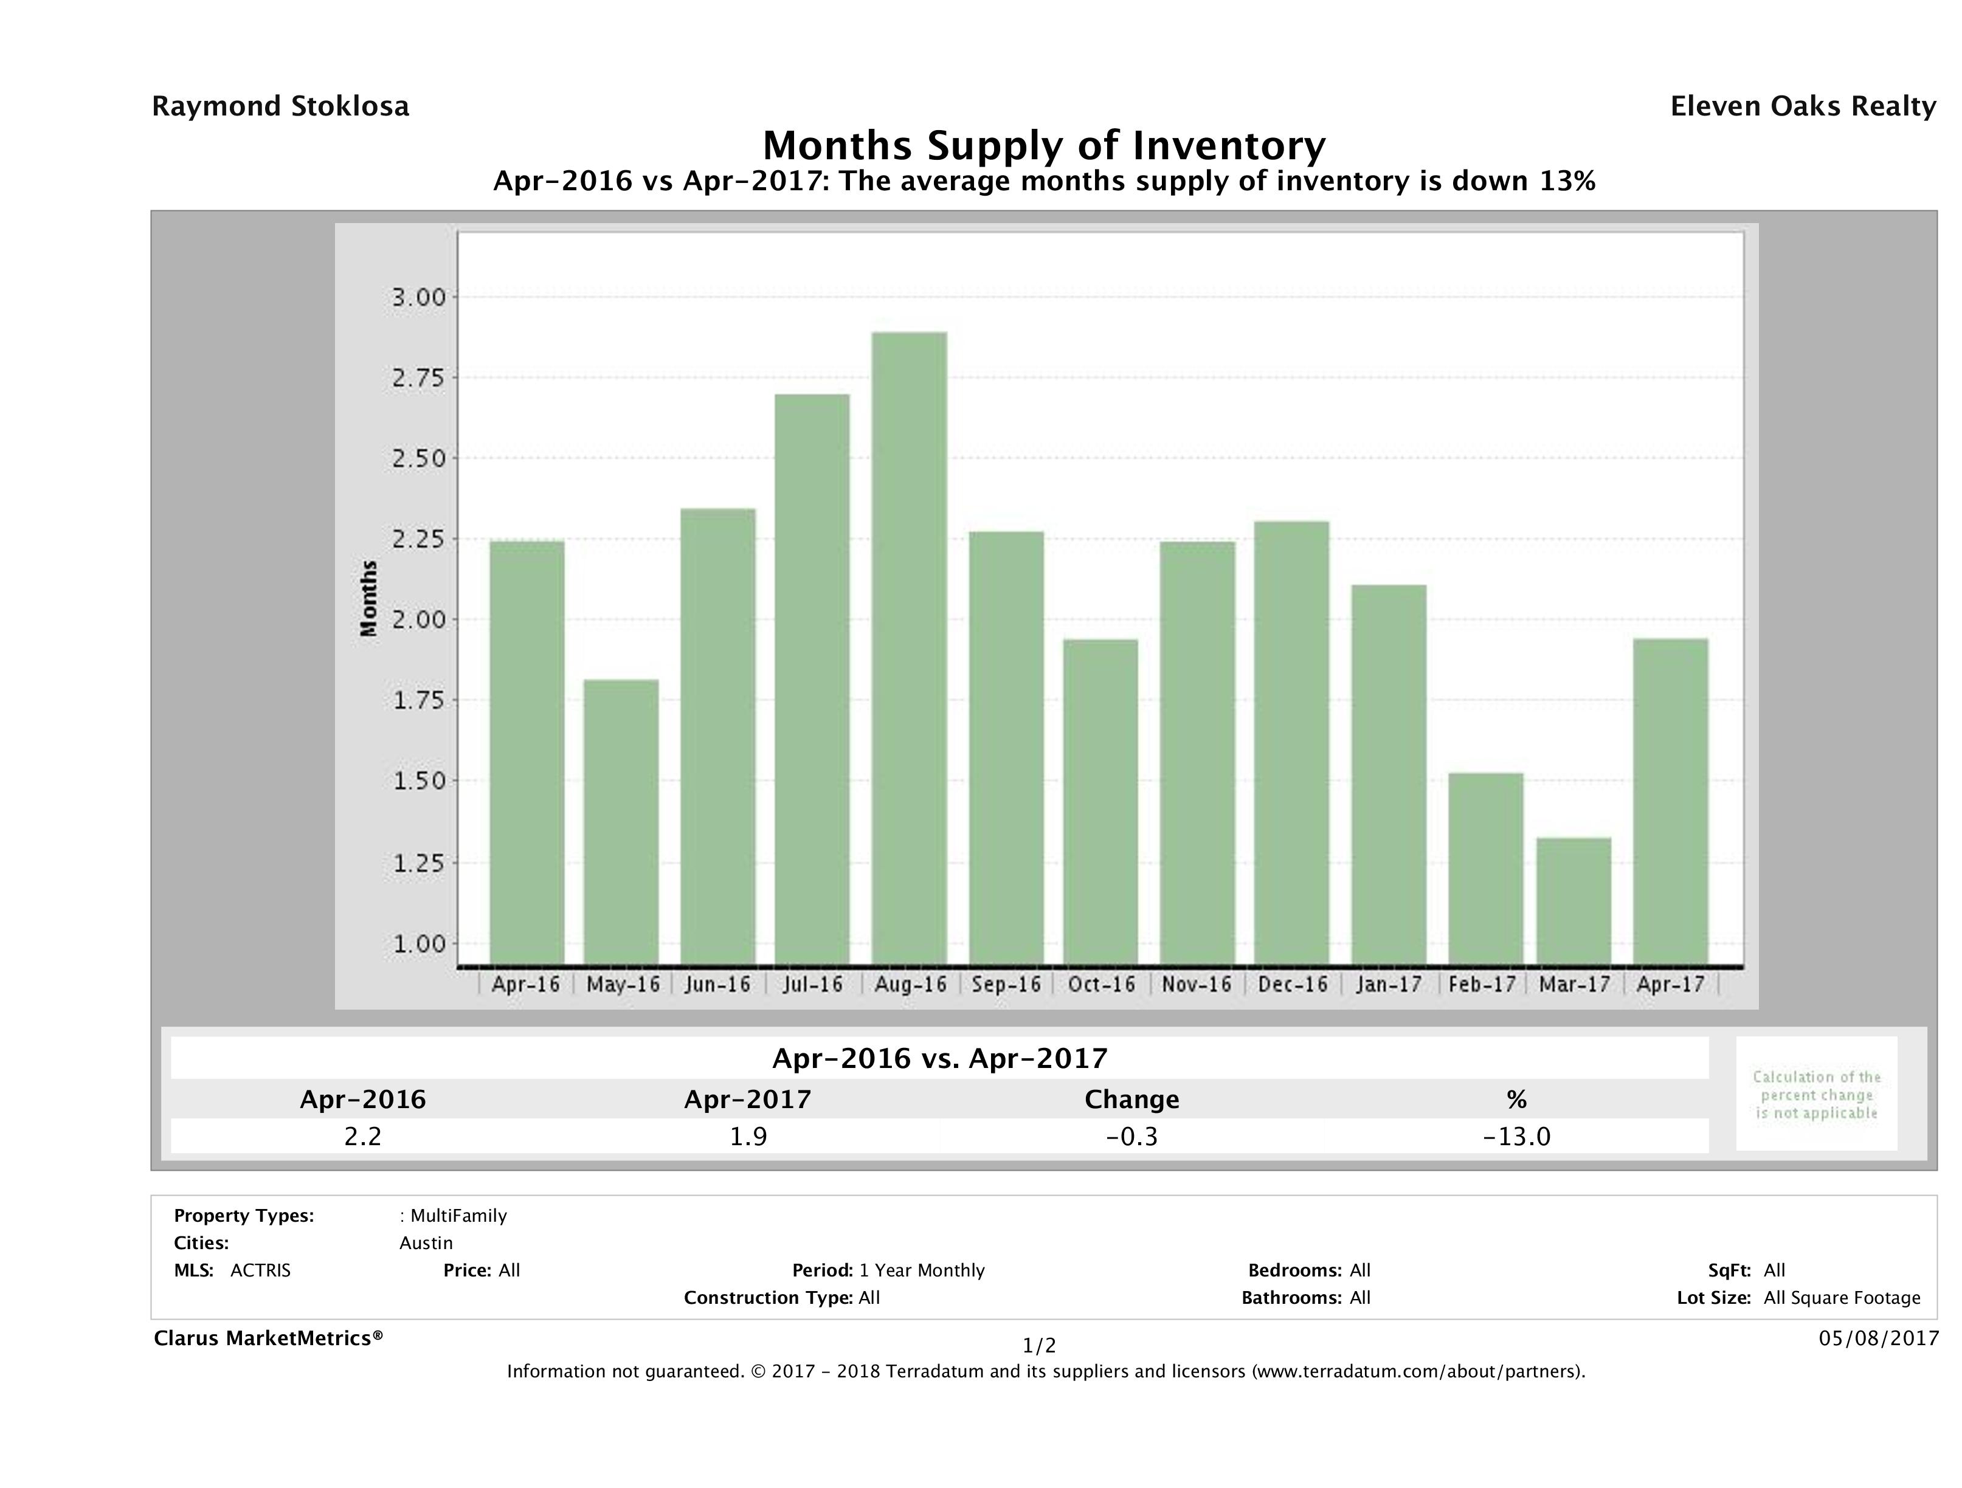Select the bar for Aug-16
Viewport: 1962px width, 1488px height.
[x=909, y=648]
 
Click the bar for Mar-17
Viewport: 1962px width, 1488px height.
[x=1574, y=901]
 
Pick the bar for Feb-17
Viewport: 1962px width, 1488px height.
[x=1486, y=869]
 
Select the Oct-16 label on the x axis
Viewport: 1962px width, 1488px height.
[x=1100, y=984]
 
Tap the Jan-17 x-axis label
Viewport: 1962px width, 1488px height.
[x=1388, y=984]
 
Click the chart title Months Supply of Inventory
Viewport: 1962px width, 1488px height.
[x=1044, y=145]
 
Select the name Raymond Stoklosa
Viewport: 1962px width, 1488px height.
[x=280, y=106]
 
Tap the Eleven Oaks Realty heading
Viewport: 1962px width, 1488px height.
[x=1802, y=106]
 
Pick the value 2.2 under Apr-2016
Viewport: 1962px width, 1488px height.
[x=363, y=1136]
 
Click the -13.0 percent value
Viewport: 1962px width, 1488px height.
[x=1516, y=1136]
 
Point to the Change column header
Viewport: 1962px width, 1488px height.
[x=1132, y=1100]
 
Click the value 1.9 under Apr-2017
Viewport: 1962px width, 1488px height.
[x=748, y=1136]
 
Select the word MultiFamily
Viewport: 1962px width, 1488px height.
[x=458, y=1216]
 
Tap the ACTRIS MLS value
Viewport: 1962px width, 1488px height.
[x=260, y=1270]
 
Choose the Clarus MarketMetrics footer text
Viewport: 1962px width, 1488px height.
[x=268, y=1338]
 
